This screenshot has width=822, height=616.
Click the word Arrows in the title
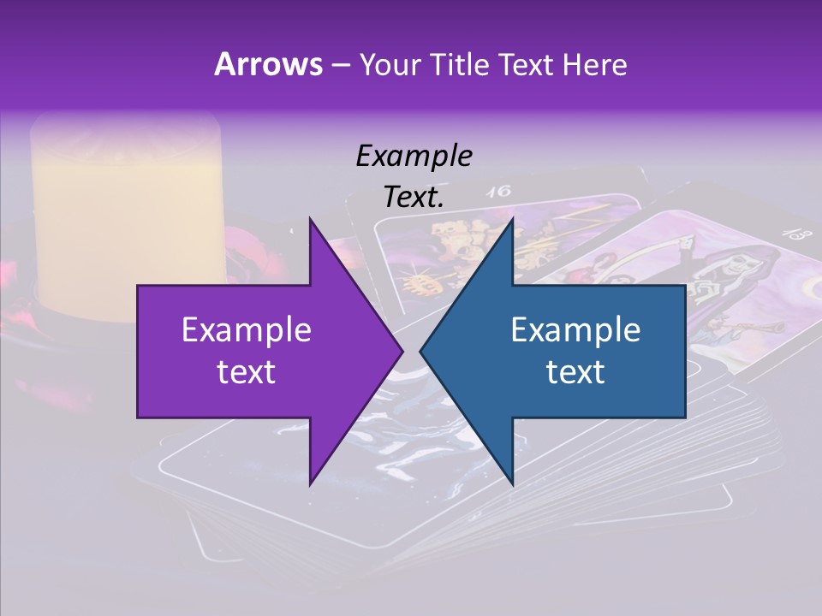[x=268, y=64]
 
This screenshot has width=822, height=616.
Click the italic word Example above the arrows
[x=414, y=156]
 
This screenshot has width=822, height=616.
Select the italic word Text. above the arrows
[x=414, y=197]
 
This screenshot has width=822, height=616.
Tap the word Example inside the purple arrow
[x=247, y=329]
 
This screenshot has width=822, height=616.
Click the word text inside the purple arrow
[x=247, y=371]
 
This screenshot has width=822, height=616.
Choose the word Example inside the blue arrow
[x=575, y=329]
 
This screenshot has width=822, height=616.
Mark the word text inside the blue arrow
[x=575, y=371]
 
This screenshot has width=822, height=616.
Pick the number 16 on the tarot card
[x=497, y=192]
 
